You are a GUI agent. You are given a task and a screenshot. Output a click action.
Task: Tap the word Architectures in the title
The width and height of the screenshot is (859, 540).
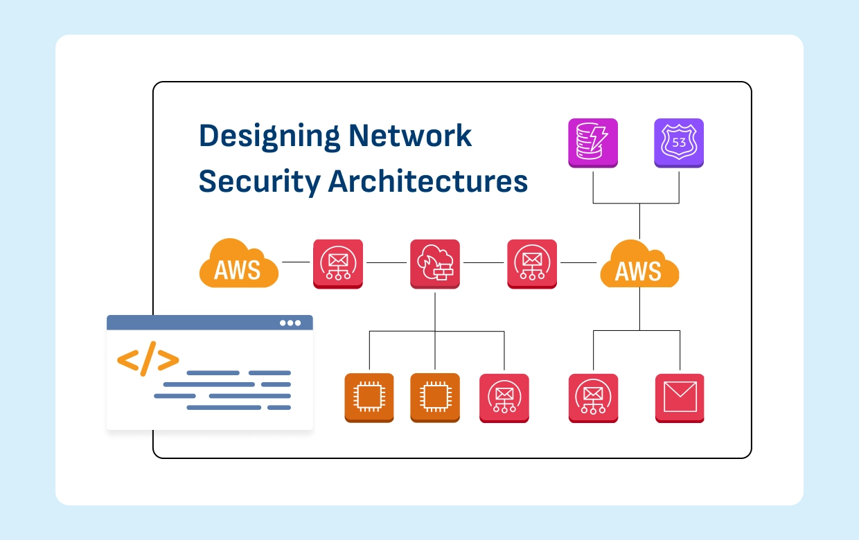pos(428,181)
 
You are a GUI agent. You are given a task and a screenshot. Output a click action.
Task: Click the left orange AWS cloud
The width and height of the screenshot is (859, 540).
pos(238,264)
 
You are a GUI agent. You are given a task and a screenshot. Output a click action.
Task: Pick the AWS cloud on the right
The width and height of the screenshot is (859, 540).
pos(639,265)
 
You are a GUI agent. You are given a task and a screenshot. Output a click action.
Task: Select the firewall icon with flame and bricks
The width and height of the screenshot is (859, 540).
pos(435,264)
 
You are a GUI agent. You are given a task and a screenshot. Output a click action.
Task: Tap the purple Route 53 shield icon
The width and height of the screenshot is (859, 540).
pos(679,143)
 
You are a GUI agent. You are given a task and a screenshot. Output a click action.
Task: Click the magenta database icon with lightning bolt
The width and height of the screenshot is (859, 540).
pos(593,143)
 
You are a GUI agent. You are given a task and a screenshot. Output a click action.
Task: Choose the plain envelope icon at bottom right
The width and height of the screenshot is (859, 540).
pos(680,398)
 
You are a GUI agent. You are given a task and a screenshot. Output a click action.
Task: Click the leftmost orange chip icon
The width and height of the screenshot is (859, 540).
pos(369,398)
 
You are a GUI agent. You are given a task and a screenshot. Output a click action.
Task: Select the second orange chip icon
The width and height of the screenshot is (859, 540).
pos(435,398)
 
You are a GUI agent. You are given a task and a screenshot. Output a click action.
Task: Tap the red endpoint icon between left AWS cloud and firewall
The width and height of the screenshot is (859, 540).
pos(338,264)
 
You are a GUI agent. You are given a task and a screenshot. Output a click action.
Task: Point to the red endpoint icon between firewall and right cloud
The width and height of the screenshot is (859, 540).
pos(532,264)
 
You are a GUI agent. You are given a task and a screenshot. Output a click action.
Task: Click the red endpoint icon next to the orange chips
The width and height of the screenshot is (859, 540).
pos(504,398)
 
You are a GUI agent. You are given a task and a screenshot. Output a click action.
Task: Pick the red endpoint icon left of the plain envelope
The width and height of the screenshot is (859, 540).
pos(593,398)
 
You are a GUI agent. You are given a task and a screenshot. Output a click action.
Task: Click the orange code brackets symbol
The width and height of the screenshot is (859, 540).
pos(148,360)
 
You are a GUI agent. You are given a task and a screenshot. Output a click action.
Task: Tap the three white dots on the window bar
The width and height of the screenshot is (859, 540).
pos(290,323)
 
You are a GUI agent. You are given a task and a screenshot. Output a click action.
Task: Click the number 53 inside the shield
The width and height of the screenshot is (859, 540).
pos(679,142)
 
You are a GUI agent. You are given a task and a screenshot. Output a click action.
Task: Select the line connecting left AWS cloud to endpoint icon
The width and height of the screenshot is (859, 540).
pos(296,262)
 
